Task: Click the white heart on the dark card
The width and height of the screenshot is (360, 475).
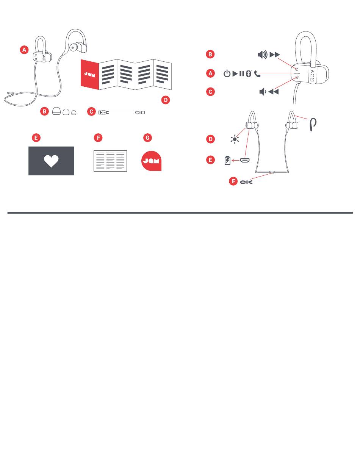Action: click(x=51, y=161)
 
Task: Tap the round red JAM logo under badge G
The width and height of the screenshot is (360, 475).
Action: click(x=151, y=161)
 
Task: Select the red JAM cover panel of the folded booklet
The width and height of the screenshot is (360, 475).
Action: click(x=90, y=74)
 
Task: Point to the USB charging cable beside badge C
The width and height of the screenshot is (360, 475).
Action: click(x=122, y=112)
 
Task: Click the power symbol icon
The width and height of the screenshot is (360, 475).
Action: click(x=227, y=73)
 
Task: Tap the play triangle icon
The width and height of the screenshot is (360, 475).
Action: click(x=235, y=73)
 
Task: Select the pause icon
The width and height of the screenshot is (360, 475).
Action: click(x=242, y=73)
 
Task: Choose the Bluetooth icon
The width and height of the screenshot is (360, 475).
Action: click(x=249, y=73)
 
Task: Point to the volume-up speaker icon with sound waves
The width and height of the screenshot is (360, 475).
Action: click(x=262, y=55)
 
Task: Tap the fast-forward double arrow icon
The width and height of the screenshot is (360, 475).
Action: click(x=274, y=55)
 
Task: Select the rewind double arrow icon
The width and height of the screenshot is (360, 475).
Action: click(x=274, y=91)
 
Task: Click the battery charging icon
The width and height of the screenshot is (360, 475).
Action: click(x=227, y=161)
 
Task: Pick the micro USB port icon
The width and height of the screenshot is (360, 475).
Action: click(x=244, y=160)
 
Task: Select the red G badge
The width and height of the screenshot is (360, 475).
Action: click(x=147, y=138)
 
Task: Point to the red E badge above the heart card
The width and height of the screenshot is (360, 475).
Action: click(x=36, y=138)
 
